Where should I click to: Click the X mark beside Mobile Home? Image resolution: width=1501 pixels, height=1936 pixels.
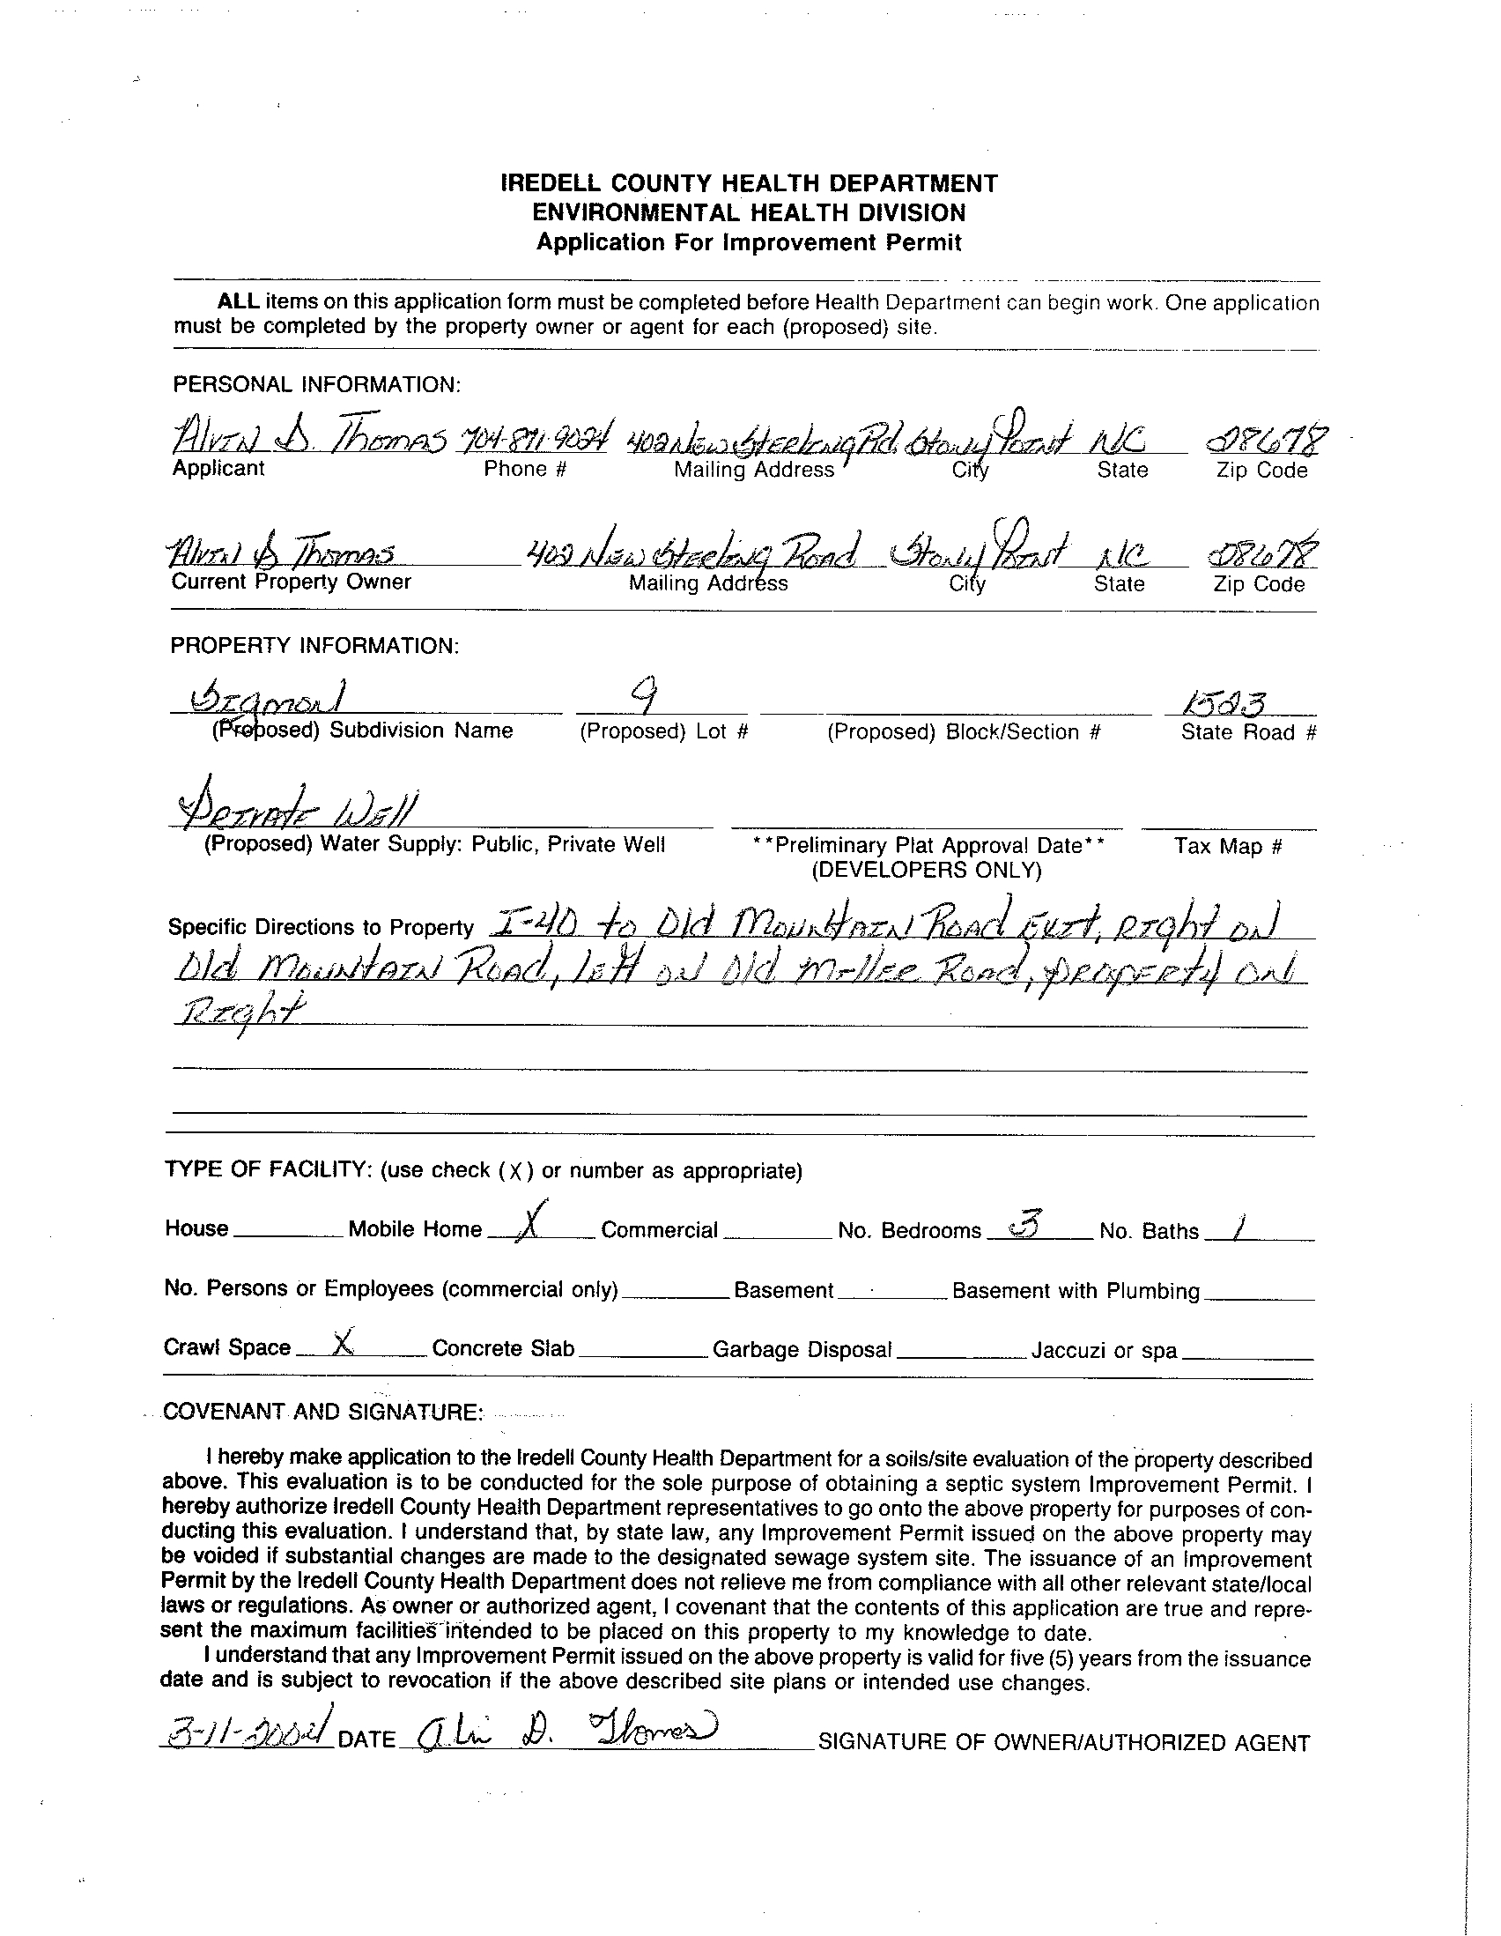click(x=529, y=1223)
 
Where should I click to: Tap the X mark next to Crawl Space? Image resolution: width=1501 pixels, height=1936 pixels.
click(x=342, y=1345)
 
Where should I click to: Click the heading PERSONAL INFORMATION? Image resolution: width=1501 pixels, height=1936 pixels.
click(x=316, y=385)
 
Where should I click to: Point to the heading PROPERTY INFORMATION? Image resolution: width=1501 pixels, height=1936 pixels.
click(x=314, y=645)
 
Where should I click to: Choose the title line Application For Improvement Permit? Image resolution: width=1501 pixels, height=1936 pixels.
click(x=749, y=242)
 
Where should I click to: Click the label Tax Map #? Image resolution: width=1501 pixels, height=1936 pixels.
click(x=1228, y=846)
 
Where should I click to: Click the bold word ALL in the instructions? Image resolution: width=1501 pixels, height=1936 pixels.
click(x=239, y=301)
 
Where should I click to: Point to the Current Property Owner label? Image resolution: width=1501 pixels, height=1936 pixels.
click(x=292, y=582)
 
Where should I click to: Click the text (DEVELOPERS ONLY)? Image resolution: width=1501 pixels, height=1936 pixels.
click(x=927, y=870)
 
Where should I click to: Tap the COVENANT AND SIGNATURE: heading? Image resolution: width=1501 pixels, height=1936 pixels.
click(x=322, y=1411)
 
